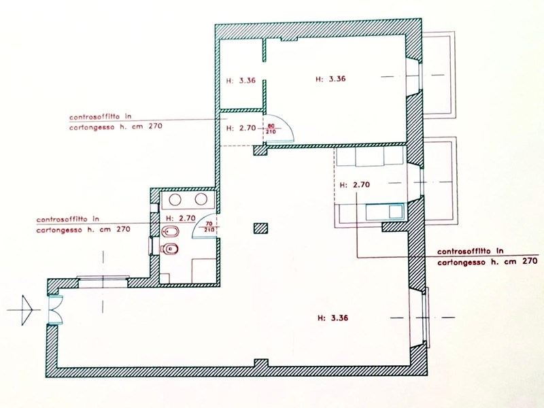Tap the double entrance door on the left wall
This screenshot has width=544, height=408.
[x=55, y=309]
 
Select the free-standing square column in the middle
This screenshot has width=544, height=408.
[x=260, y=228]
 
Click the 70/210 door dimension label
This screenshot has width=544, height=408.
[x=209, y=226]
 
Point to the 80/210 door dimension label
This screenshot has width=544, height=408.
[x=271, y=129]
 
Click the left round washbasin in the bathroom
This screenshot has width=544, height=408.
[x=175, y=199]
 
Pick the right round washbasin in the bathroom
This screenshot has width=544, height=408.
[x=201, y=199]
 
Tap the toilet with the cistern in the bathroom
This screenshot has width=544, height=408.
[x=169, y=249]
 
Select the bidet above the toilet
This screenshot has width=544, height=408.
[x=170, y=231]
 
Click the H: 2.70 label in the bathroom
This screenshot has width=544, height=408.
[x=181, y=218]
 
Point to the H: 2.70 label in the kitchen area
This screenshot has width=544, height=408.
[x=354, y=185]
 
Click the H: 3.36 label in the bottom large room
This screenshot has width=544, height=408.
[x=333, y=318]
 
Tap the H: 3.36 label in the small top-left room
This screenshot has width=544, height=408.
[x=241, y=80]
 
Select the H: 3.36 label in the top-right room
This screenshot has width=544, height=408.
[x=330, y=79]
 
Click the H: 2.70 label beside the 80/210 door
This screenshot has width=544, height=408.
[x=241, y=128]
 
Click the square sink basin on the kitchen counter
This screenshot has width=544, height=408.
[x=396, y=211]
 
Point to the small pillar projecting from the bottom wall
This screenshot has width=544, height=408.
[x=261, y=363]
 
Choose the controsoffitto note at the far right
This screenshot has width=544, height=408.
[x=488, y=256]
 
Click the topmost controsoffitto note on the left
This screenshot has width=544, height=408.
[x=116, y=122]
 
